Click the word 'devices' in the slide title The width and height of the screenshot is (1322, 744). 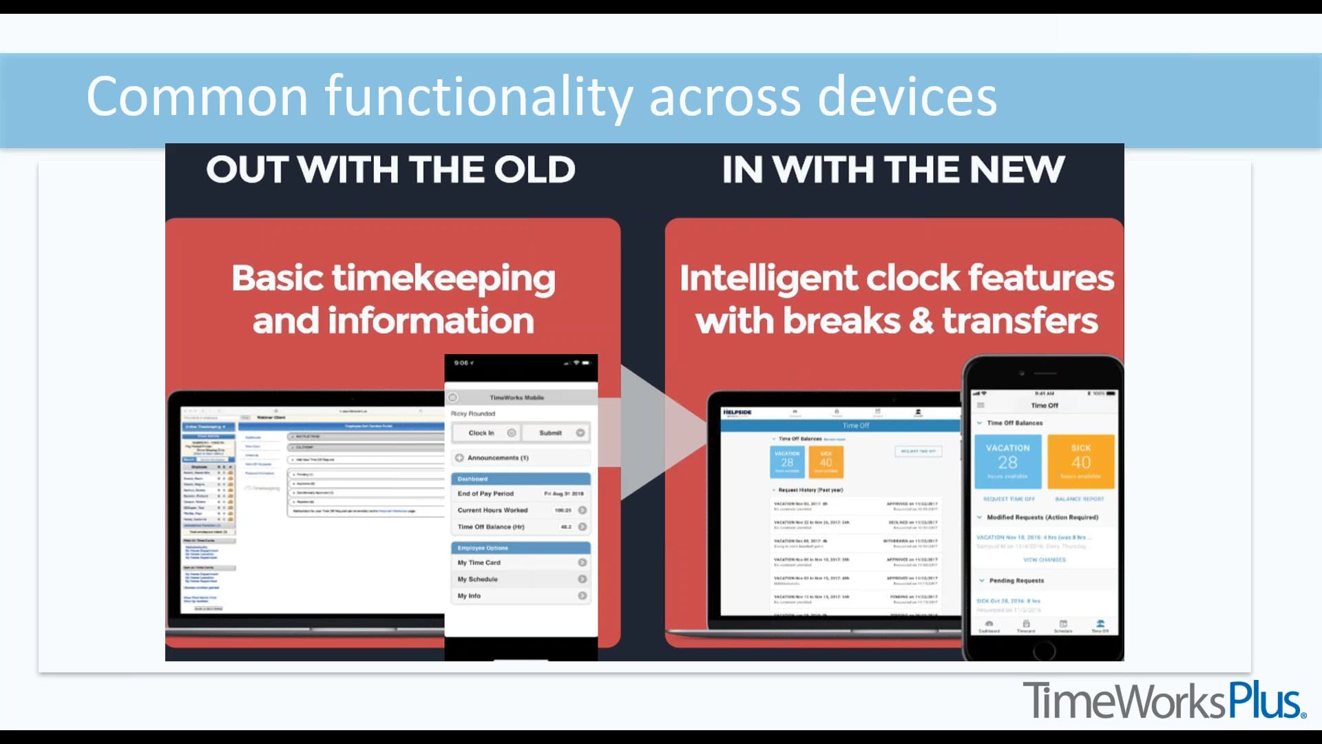pyautogui.click(x=907, y=97)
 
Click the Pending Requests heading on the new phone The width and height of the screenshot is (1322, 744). pyautogui.click(x=1016, y=581)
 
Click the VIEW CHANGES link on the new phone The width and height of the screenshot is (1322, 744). pyautogui.click(x=1044, y=560)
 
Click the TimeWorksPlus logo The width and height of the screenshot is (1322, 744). pyautogui.click(x=1164, y=701)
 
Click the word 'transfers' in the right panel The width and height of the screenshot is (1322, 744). pyautogui.click(x=1020, y=321)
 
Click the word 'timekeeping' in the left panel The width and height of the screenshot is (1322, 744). pyautogui.click(x=443, y=279)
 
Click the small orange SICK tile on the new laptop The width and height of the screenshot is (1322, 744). pyautogui.click(x=826, y=462)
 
